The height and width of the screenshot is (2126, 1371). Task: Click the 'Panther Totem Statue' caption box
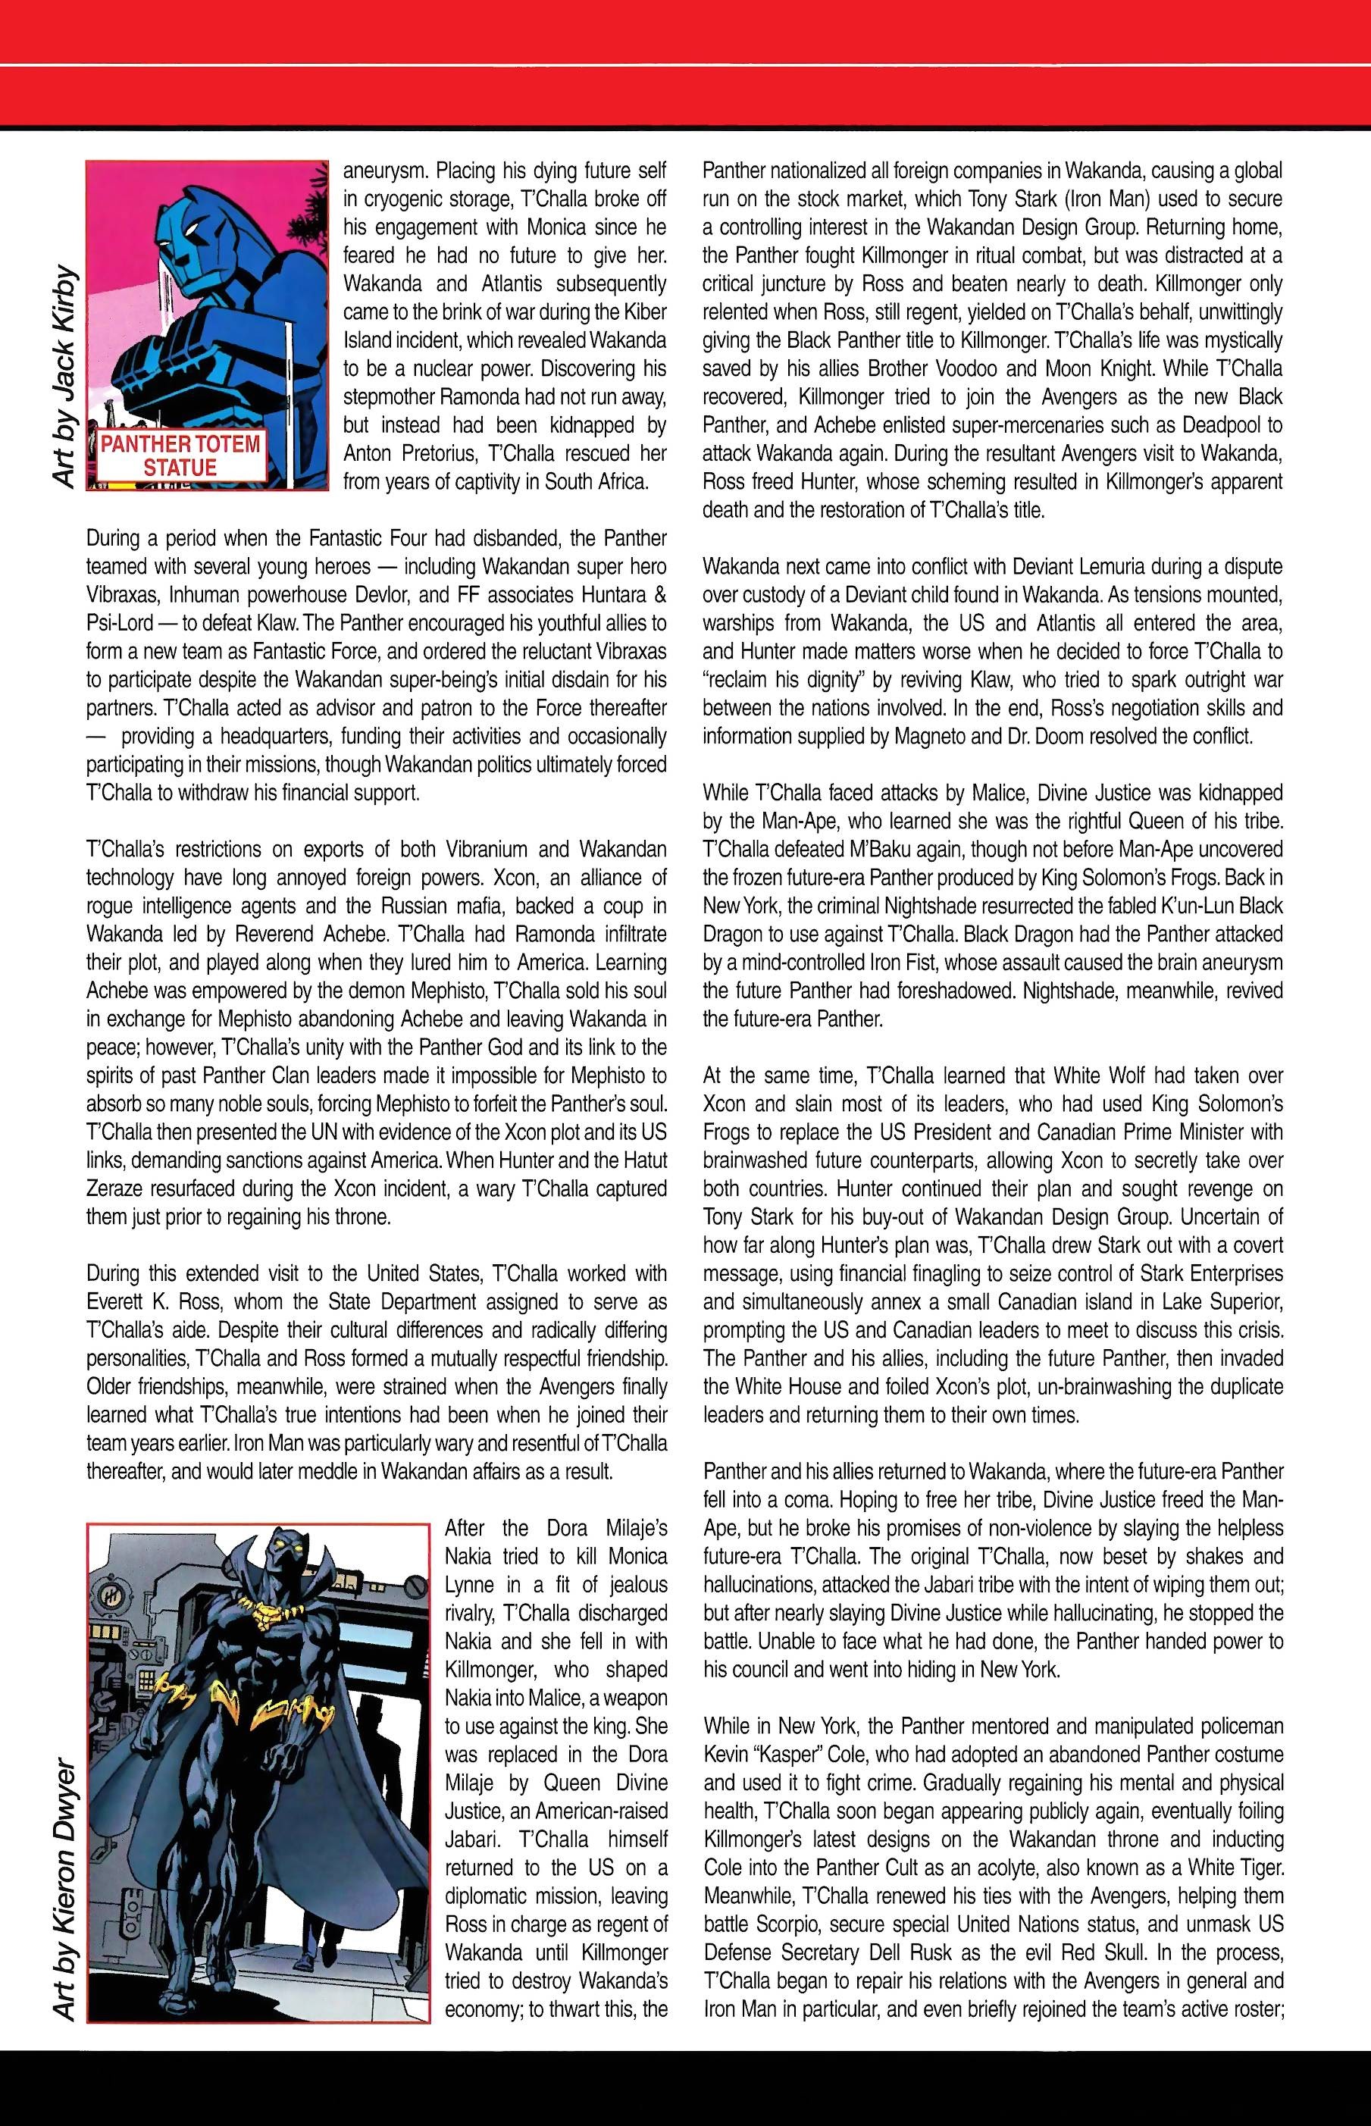[180, 455]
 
